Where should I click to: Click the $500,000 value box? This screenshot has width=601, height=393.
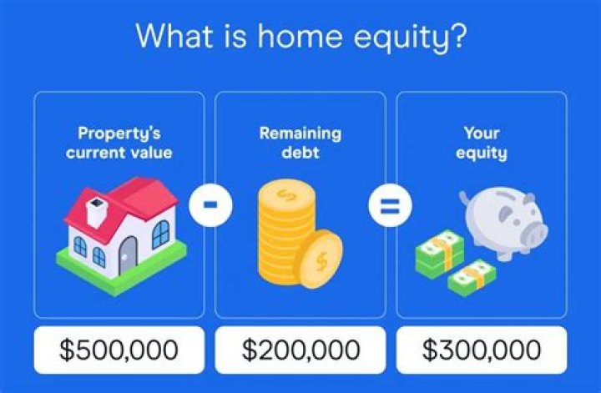tap(119, 350)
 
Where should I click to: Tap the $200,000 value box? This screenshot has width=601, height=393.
tap(300, 350)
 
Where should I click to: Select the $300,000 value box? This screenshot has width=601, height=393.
tap(482, 350)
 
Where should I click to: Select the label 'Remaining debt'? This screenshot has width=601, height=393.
tap(300, 143)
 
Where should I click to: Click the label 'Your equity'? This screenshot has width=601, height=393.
tap(482, 143)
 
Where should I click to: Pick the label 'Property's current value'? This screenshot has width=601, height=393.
tap(119, 143)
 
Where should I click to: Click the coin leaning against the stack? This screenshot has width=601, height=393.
tap(321, 259)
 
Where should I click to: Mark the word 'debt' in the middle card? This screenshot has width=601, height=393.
tap(300, 154)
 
